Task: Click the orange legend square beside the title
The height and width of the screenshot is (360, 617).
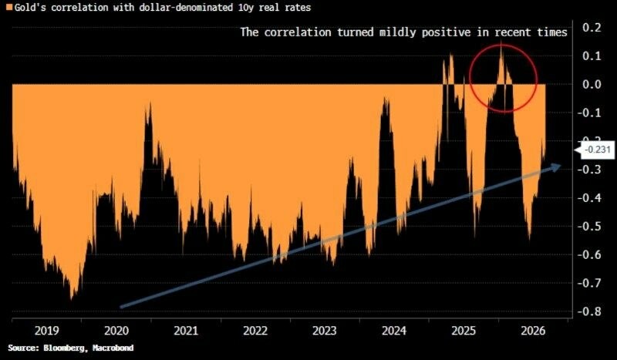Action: [x=8, y=8]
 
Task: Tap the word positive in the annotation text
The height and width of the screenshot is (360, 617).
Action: [x=446, y=32]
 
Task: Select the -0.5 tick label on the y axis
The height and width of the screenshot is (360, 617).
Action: [x=588, y=226]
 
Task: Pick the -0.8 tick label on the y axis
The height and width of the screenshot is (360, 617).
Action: [x=588, y=311]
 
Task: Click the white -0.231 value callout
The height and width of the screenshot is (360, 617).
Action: [x=597, y=150]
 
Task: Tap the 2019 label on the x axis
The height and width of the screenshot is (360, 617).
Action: [x=47, y=331]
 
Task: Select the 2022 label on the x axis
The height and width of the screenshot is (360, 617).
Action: [x=255, y=331]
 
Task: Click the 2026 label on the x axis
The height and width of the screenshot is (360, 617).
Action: [x=533, y=331]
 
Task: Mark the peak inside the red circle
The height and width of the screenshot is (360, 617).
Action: [x=501, y=44]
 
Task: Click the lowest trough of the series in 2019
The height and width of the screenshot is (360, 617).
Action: [x=71, y=300]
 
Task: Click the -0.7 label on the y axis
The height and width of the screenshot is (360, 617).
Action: [x=588, y=283]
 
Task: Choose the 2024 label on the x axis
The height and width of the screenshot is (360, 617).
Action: [x=394, y=331]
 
